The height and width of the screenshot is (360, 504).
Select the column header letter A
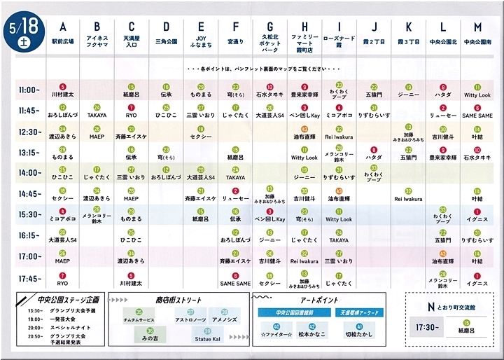(x=62, y=27)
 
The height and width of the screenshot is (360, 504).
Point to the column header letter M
(x=477, y=27)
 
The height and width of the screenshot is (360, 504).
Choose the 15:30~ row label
(x=29, y=214)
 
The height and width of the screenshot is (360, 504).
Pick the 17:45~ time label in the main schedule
(x=29, y=278)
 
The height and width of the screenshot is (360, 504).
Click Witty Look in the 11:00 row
(x=477, y=95)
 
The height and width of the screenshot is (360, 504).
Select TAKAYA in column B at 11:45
(x=97, y=114)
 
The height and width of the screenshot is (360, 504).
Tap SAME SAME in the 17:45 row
(x=234, y=283)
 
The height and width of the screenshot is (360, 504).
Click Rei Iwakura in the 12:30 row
(x=339, y=136)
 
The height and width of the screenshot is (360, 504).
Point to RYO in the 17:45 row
(x=62, y=283)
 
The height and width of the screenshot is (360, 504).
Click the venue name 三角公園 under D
(x=166, y=42)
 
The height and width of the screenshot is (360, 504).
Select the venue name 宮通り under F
(x=234, y=42)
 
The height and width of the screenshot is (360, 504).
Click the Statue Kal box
(x=207, y=339)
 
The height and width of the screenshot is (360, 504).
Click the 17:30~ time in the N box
(x=428, y=326)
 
